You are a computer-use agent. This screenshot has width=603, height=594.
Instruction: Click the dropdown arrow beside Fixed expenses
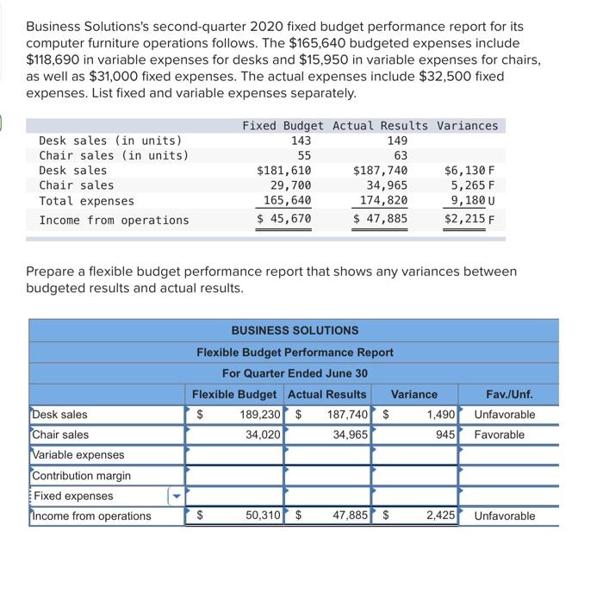click(x=177, y=497)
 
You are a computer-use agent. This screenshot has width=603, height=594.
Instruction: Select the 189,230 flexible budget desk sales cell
click(x=259, y=415)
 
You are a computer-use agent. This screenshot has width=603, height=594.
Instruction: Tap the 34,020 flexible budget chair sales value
click(x=263, y=435)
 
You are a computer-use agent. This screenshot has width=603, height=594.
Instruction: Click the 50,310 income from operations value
click(x=262, y=516)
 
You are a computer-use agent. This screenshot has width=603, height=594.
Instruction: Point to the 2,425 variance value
click(x=439, y=516)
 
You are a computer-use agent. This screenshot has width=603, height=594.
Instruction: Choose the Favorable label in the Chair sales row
click(x=499, y=435)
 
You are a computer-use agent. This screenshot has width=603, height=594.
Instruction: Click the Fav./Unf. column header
click(x=509, y=395)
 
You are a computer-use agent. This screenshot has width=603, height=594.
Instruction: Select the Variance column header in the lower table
click(x=413, y=395)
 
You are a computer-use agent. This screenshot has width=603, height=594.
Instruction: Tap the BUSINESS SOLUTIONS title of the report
click(x=295, y=330)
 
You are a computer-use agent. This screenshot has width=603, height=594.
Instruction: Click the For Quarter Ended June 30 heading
click(x=295, y=372)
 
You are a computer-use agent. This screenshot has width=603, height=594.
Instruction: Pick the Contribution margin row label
click(x=82, y=476)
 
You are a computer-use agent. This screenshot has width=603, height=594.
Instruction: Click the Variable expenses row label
click(x=78, y=455)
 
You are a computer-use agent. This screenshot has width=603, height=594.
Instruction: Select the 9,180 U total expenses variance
click(x=474, y=201)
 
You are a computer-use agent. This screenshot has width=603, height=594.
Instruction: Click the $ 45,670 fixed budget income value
click(x=283, y=220)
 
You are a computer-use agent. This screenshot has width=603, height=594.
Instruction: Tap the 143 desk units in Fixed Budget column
click(x=301, y=141)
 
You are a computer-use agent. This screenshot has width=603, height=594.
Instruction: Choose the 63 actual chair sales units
click(x=399, y=155)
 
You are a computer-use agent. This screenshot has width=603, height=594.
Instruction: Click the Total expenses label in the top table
click(x=86, y=201)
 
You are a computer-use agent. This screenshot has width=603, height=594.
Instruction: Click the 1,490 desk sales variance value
click(x=440, y=415)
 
